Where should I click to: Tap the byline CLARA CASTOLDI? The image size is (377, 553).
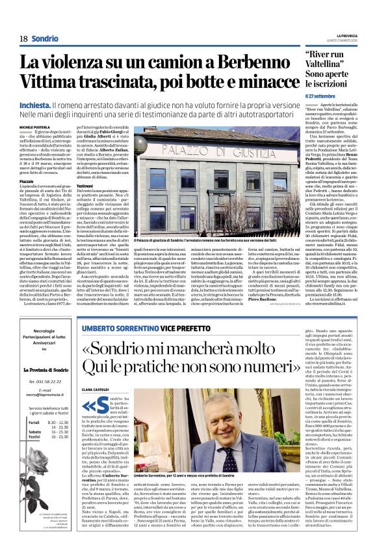(96, 371)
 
